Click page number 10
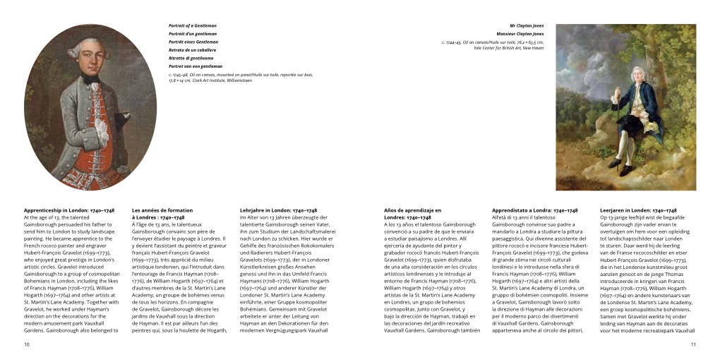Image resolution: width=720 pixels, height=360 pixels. (27, 344)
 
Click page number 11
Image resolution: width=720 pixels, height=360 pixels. (693, 344)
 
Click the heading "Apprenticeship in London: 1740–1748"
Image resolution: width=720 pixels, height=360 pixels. (69, 210)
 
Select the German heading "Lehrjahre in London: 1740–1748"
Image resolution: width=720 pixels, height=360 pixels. (281, 210)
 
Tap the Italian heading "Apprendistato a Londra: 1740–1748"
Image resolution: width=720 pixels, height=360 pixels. (534, 210)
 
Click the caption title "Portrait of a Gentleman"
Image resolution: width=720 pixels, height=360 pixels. (192, 25)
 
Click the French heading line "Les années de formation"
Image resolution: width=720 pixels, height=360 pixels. (162, 210)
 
